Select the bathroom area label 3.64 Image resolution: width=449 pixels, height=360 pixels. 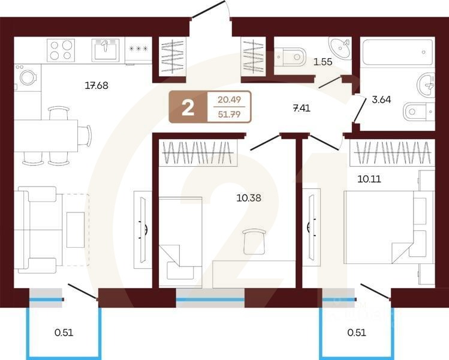point(381,100)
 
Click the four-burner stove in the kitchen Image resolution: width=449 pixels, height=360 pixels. point(61,50)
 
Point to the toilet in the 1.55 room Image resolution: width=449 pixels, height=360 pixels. point(291,58)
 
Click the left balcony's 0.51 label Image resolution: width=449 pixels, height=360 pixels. point(63,331)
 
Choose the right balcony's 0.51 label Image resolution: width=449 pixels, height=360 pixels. point(357,331)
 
